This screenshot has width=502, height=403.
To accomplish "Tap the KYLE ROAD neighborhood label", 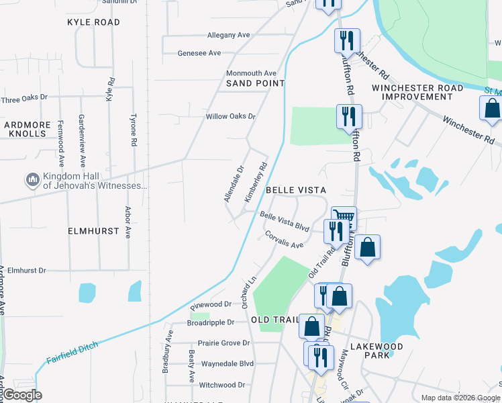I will pos(93,22).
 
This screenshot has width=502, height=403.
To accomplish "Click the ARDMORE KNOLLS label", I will pos(26,129).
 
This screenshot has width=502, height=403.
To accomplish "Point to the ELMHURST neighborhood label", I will pos(93,230).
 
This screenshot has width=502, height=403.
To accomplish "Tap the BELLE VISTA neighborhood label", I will pos(296,191).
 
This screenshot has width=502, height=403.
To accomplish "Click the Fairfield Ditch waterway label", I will pos(72,353).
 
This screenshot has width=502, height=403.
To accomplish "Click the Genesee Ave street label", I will pos(199,53).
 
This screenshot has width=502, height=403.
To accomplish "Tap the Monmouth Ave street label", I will pos(251,73).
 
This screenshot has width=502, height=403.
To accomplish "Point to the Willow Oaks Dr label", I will pos(231,116).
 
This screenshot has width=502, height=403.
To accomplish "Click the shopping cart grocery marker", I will pos(344,217).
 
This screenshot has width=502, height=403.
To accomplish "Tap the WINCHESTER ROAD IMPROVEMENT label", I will pos(417,92).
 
